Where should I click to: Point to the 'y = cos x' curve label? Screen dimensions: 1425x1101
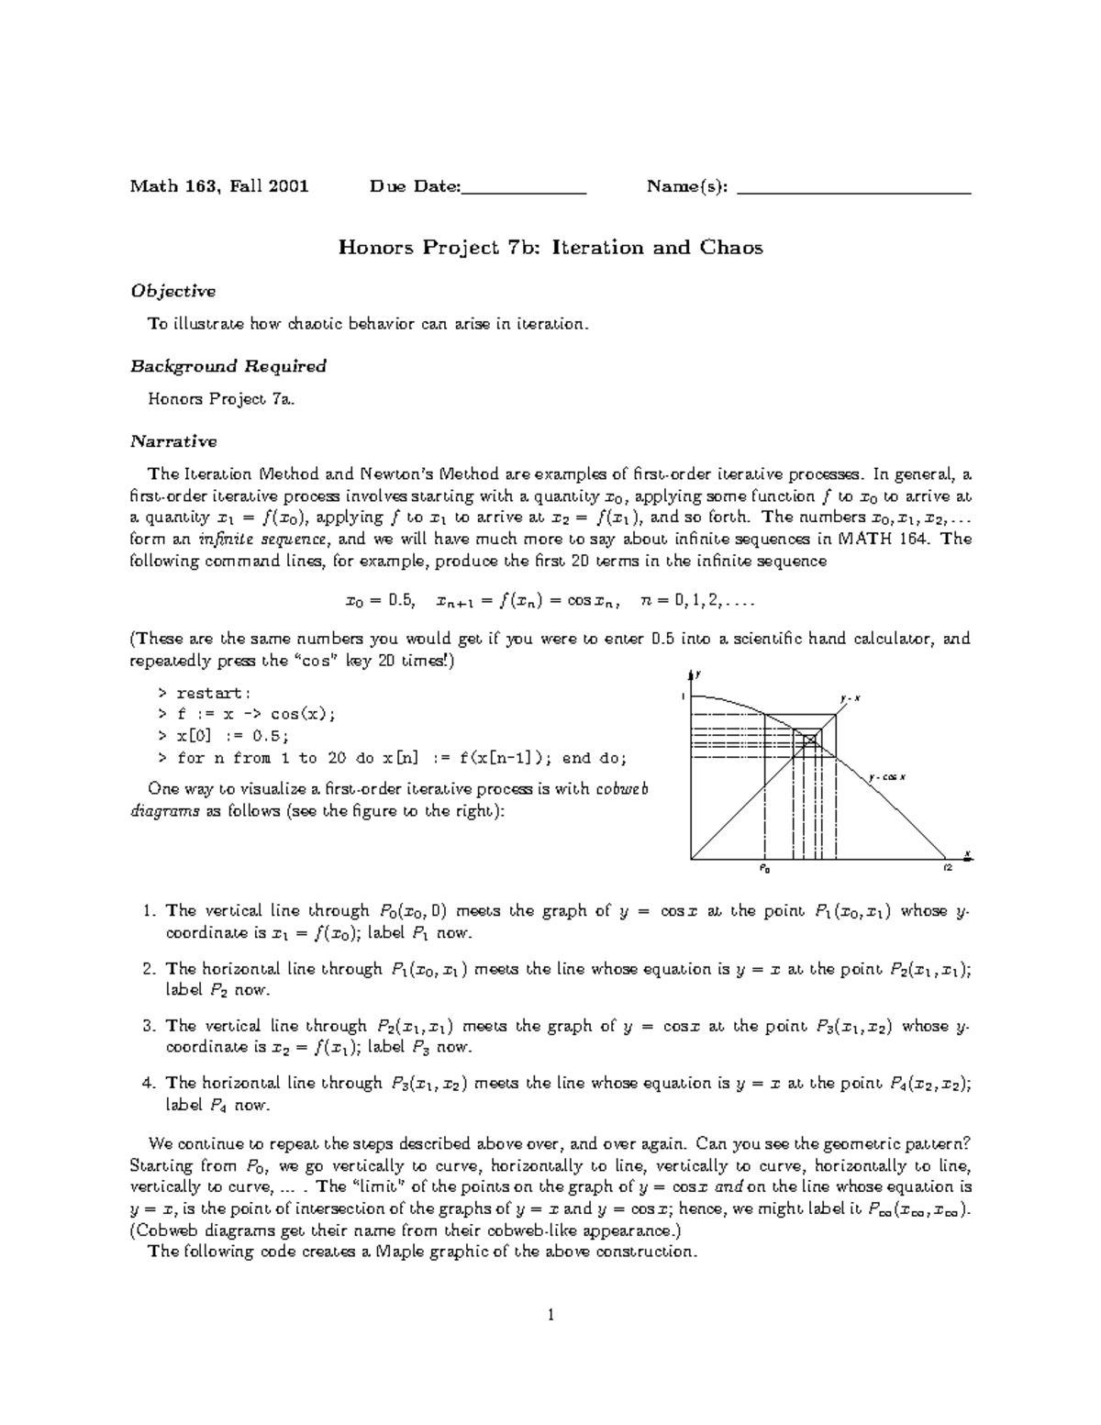click(x=888, y=777)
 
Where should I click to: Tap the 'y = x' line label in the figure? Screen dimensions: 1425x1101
click(x=851, y=699)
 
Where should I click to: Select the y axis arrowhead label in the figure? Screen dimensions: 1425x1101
click(x=698, y=674)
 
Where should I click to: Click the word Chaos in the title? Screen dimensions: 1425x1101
click(x=731, y=247)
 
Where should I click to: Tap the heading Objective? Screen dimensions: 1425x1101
click(x=172, y=291)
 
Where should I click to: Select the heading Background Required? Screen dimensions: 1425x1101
click(x=228, y=366)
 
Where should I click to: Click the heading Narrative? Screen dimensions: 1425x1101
click(x=173, y=441)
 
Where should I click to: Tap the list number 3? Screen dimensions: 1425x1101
click(x=149, y=1026)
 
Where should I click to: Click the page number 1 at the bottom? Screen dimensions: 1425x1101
click(x=550, y=1315)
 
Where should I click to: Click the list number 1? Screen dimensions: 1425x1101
click(x=149, y=911)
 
